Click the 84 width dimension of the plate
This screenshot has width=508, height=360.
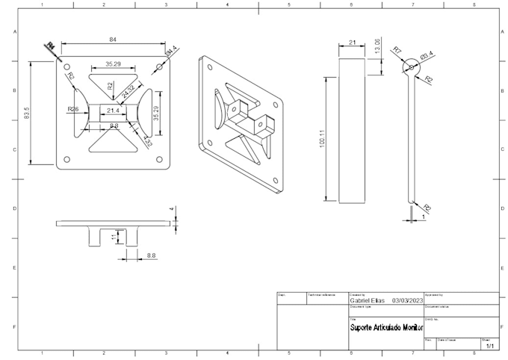pos(113,40)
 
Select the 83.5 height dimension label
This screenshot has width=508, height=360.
pos(27,114)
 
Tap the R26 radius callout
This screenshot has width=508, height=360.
pos(73,109)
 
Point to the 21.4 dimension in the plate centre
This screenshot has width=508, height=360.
pos(113,111)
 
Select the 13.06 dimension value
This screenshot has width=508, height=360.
pos(378,46)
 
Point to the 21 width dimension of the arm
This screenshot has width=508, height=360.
pos(353,43)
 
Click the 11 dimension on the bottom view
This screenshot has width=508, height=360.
pos(114,237)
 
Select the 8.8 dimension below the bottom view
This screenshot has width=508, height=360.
pos(152,256)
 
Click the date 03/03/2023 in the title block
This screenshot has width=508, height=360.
pos(407,301)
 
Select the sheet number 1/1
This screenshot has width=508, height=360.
pos(490,347)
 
